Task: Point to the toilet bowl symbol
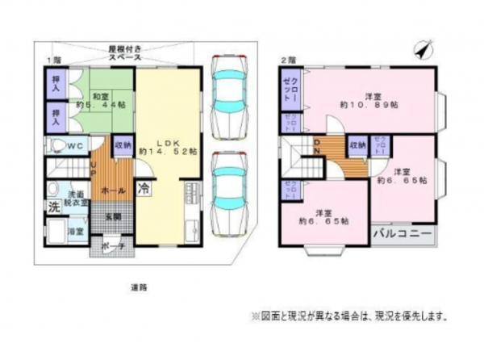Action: (56, 146)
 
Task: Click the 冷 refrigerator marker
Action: (143, 190)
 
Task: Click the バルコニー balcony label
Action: (401, 236)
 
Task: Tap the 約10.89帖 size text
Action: (366, 106)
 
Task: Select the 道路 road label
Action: (140, 287)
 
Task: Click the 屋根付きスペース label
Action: (125, 54)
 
